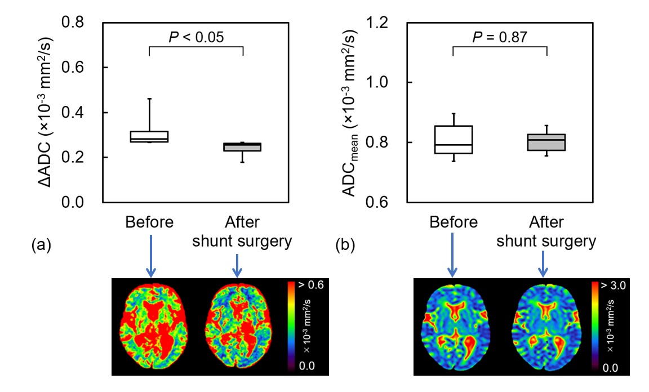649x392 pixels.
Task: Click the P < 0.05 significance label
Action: pos(197,38)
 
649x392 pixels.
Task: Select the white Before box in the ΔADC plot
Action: pos(149,136)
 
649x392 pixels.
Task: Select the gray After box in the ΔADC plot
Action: pos(242,147)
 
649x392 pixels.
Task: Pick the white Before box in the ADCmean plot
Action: pos(453,140)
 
